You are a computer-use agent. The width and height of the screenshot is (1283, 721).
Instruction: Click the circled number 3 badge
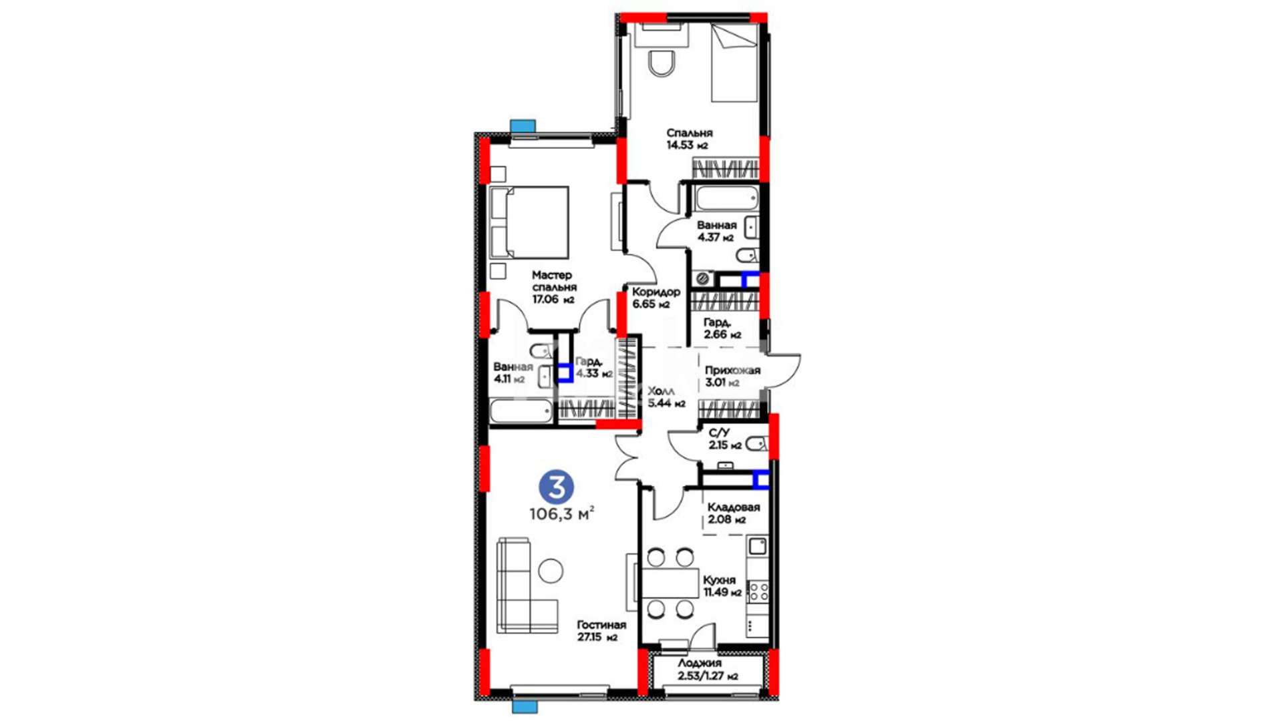pyautogui.click(x=556, y=487)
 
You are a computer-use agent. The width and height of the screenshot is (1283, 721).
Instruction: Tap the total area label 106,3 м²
pyautogui.click(x=561, y=514)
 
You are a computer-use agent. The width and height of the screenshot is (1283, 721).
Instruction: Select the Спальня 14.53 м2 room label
pyautogui.click(x=689, y=139)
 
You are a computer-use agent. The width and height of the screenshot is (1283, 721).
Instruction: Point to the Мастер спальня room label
pyautogui.click(x=553, y=287)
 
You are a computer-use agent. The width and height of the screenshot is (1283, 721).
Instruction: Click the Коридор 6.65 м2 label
pyautogui.click(x=656, y=298)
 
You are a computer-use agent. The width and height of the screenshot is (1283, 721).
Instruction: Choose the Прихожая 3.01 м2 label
pyautogui.click(x=732, y=377)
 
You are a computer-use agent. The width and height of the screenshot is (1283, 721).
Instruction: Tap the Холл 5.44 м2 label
pyautogui.click(x=666, y=397)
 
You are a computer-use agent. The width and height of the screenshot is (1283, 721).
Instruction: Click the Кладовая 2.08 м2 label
pyautogui.click(x=733, y=513)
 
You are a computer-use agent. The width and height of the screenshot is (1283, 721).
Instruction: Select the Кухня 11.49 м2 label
pyautogui.click(x=722, y=586)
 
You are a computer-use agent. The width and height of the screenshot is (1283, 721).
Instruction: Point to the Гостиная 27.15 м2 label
pyautogui.click(x=601, y=631)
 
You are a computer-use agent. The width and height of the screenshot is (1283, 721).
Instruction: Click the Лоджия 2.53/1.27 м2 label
pyautogui.click(x=708, y=670)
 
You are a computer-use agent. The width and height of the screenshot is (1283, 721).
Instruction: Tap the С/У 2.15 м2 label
pyautogui.click(x=725, y=439)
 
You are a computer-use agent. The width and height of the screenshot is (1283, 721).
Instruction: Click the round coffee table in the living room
pyautogui.click(x=551, y=570)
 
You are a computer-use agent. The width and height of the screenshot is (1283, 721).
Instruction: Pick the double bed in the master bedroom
pyautogui.click(x=529, y=222)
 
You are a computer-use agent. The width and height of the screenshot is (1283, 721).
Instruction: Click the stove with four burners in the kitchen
pyautogui.click(x=758, y=591)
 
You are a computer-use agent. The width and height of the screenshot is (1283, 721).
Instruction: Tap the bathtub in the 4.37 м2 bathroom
pyautogui.click(x=726, y=198)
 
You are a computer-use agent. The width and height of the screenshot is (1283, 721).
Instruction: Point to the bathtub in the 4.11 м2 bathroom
pyautogui.click(x=521, y=411)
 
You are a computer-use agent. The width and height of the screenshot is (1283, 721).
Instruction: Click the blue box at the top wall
pyautogui.click(x=523, y=126)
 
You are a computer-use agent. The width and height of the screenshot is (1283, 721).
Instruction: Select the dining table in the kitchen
pyautogui.click(x=670, y=583)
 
